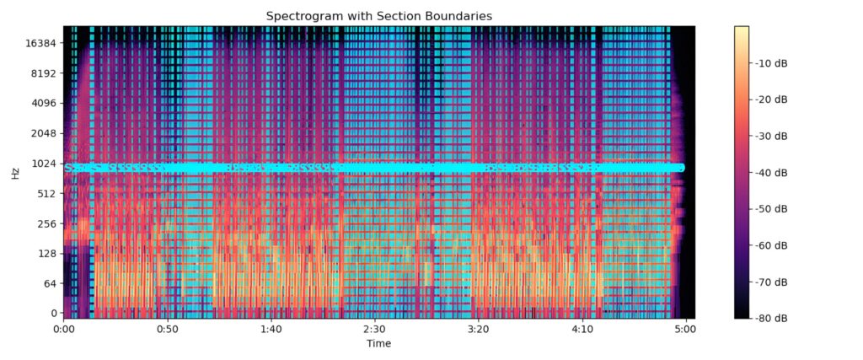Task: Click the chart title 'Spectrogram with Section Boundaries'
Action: point(378,16)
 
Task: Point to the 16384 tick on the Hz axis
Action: point(40,43)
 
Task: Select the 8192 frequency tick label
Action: point(43,73)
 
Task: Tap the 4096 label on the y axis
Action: point(43,103)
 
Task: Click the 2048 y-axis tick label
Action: point(43,133)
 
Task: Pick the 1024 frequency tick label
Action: point(43,164)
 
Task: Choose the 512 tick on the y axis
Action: point(46,193)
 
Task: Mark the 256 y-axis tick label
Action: point(46,223)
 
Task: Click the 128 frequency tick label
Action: point(46,254)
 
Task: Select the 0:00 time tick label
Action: point(64,330)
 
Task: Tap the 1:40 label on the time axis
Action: point(271,330)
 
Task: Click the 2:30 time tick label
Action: point(374,330)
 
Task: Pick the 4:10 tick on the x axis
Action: point(582,330)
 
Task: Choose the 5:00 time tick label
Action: point(685,330)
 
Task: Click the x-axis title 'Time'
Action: point(378,344)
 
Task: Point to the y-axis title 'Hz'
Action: point(15,173)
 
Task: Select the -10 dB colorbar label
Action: point(773,63)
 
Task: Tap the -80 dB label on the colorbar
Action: point(773,318)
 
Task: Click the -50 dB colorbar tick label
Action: point(773,209)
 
